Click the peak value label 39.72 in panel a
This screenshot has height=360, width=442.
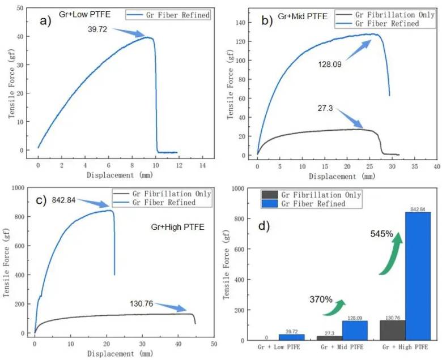[97, 29]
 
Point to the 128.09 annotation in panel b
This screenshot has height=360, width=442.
[330, 65]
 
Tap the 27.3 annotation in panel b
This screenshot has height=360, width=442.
[325, 108]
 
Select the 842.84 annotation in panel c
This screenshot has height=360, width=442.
[63, 200]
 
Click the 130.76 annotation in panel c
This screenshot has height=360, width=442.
[142, 304]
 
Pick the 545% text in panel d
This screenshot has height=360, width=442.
[382, 234]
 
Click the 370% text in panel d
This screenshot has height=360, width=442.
[321, 299]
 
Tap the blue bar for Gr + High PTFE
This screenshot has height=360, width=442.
[418, 276]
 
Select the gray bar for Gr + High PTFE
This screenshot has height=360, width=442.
[393, 330]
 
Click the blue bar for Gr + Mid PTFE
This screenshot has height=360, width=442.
[355, 331]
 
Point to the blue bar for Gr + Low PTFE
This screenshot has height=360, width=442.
[292, 337]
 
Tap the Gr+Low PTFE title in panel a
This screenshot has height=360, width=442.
[84, 14]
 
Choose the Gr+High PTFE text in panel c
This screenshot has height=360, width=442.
[177, 227]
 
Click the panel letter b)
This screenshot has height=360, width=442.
[267, 20]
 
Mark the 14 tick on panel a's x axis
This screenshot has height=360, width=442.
[202, 165]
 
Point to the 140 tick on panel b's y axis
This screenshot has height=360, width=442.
[240, 23]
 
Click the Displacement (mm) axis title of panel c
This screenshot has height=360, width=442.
[120, 354]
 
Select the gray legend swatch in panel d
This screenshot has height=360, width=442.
[270, 195]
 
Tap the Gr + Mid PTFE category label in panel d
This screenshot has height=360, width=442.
[342, 347]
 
